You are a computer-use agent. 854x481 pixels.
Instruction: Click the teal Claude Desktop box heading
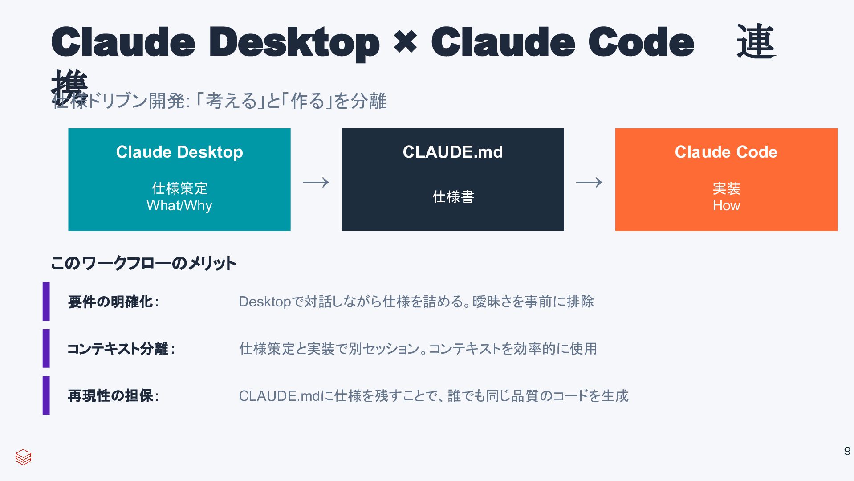(x=179, y=152)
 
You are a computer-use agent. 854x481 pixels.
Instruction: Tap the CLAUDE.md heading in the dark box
(x=453, y=152)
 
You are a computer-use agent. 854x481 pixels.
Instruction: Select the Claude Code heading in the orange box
(x=726, y=152)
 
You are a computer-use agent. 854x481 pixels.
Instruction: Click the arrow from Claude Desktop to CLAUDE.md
(x=316, y=182)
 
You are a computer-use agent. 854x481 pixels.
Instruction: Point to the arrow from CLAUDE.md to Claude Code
(x=589, y=182)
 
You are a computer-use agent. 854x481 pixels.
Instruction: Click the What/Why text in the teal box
(x=179, y=206)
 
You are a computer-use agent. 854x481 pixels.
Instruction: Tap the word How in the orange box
(x=726, y=206)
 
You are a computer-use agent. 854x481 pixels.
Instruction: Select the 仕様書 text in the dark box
(x=453, y=197)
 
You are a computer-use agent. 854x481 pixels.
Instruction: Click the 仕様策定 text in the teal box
(x=179, y=188)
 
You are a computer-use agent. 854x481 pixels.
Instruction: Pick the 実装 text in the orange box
(x=726, y=188)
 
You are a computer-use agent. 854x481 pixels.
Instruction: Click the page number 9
(x=847, y=451)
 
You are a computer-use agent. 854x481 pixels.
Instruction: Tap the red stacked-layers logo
(x=23, y=457)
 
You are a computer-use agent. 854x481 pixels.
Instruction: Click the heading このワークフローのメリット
(x=143, y=263)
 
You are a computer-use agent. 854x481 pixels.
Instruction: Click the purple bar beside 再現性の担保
(x=46, y=395)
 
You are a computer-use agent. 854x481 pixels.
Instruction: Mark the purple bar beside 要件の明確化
(x=46, y=302)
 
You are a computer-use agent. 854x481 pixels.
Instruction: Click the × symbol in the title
(x=405, y=42)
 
